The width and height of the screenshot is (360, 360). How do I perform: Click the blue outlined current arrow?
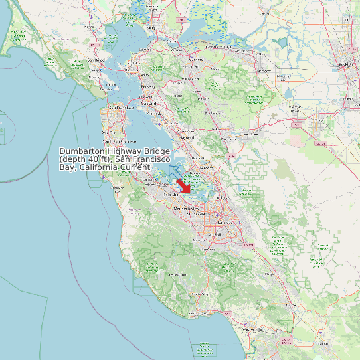175,173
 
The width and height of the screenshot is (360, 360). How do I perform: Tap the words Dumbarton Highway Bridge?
114,152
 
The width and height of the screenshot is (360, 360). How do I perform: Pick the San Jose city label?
215,234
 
